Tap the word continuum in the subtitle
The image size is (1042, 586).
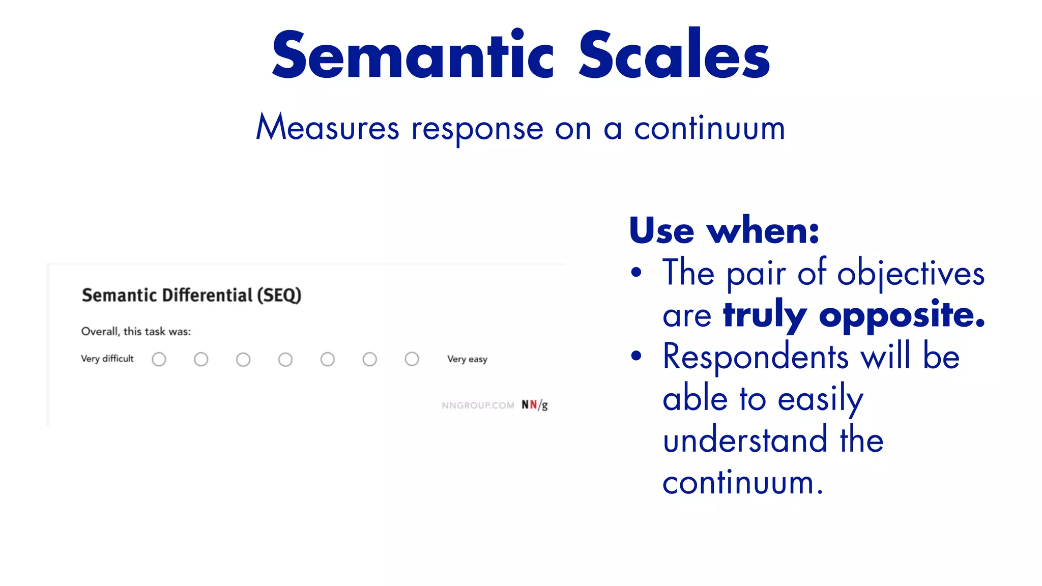coord(709,128)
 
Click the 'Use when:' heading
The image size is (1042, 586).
coord(724,231)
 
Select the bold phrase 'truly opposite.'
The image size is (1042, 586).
coord(854,315)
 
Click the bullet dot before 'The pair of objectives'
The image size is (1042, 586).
coord(636,273)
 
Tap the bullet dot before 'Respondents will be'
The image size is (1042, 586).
coord(636,356)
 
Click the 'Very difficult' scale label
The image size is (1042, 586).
coord(107,359)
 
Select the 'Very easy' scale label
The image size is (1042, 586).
coord(467,359)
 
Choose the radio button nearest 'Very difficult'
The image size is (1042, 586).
coord(159,360)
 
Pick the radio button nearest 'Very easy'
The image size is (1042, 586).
coord(412,359)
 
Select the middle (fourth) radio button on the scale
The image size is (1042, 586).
coord(285,360)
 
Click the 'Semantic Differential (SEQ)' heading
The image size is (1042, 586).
coord(191,296)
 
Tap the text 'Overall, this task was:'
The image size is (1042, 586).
coord(136,332)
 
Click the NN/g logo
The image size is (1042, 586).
coord(534,405)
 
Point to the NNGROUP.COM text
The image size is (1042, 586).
coord(478,405)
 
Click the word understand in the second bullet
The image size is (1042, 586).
coord(744,441)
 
